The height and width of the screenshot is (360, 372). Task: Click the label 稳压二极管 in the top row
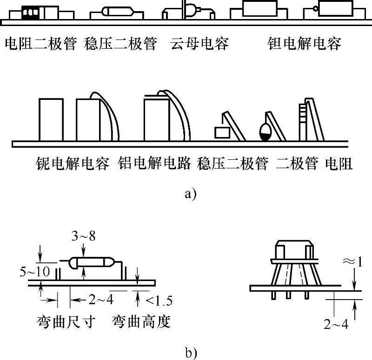click(x=120, y=45)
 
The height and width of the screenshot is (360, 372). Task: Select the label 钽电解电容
click(x=305, y=45)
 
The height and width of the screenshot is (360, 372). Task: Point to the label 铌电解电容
click(x=73, y=164)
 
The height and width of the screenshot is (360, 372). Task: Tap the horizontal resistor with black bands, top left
click(x=31, y=13)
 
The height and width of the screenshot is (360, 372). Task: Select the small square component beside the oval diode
click(x=222, y=132)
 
